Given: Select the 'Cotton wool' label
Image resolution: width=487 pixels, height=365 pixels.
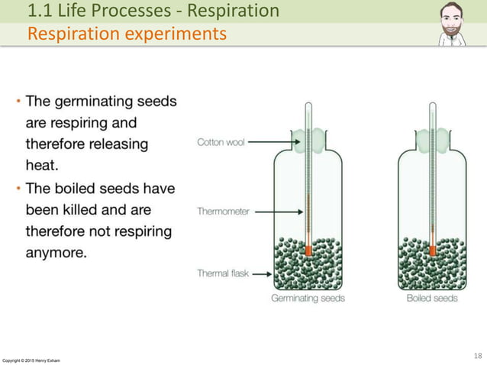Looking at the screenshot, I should pos(221,142).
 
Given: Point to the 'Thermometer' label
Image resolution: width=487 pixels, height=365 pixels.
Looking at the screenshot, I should pos(223,212).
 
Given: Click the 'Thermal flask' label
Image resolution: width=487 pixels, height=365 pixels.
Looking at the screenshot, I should pos(223,273).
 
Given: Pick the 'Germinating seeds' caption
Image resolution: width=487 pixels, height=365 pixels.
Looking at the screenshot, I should pos(308,298).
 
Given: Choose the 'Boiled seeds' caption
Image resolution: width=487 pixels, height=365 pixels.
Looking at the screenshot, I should pos(432,298).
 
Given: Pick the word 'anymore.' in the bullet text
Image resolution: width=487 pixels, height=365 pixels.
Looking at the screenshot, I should pos(56,251).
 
